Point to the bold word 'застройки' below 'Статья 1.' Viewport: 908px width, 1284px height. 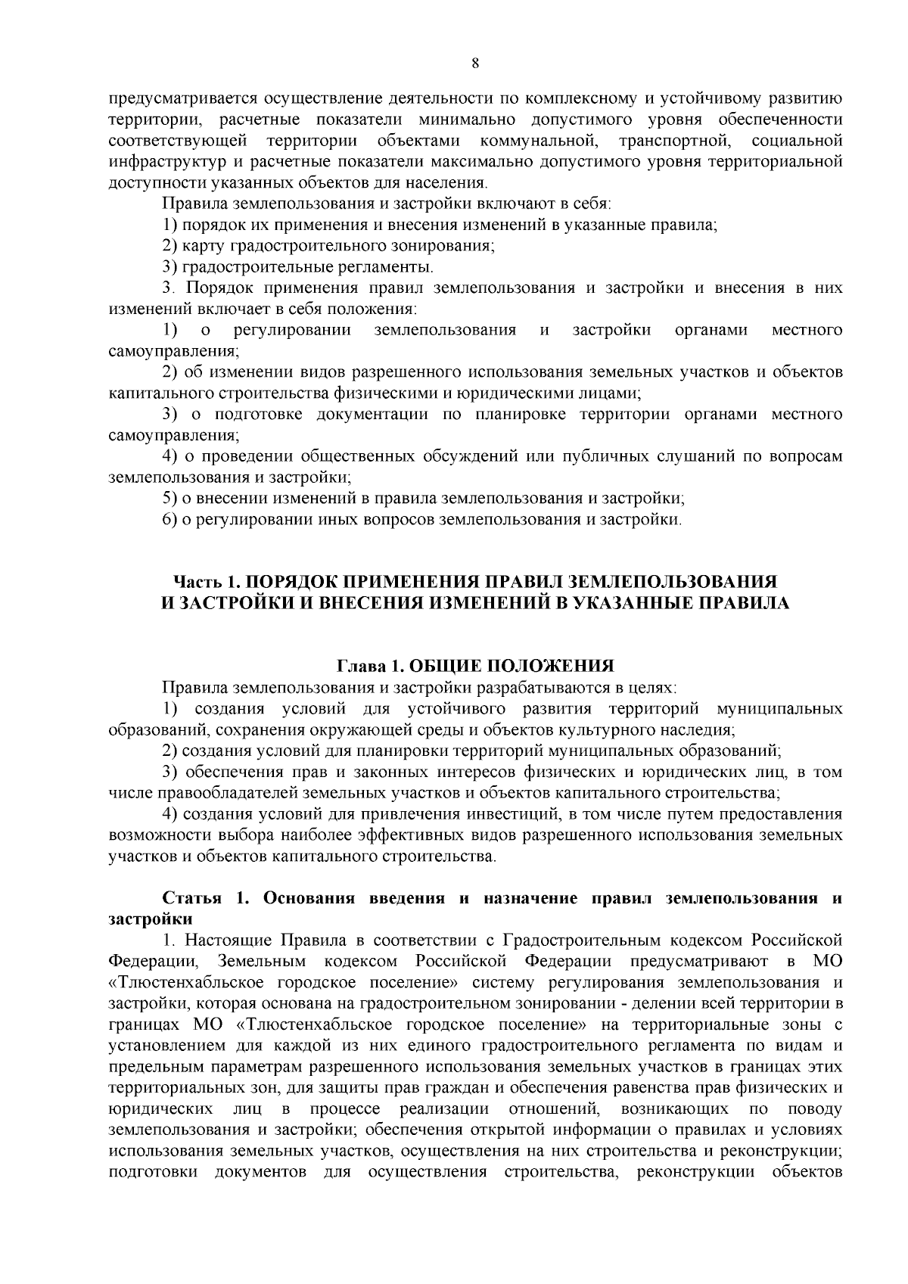tap(150, 919)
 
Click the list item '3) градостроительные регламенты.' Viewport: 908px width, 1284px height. tap(298, 267)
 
